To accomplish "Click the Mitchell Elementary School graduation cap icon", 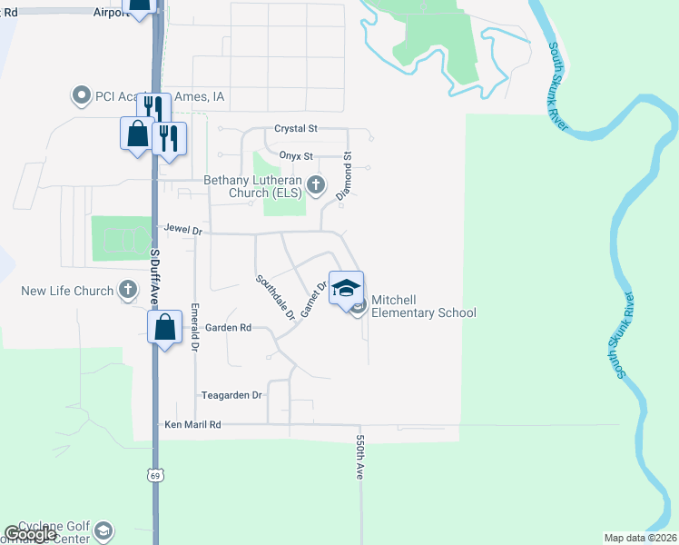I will click(x=345, y=288).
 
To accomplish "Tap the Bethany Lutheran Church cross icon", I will click(x=316, y=184).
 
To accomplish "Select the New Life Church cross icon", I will click(x=128, y=291).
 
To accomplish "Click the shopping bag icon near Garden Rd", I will click(x=164, y=327).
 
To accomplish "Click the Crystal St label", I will click(x=296, y=130).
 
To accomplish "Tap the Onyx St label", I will click(x=295, y=156).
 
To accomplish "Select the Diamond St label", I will click(x=345, y=177).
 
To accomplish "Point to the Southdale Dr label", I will click(x=275, y=297).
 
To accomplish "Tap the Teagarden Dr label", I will click(x=231, y=395).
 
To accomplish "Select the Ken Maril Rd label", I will click(x=192, y=424).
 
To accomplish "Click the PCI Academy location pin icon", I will click(x=82, y=94).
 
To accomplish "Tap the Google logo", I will click(x=30, y=534).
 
